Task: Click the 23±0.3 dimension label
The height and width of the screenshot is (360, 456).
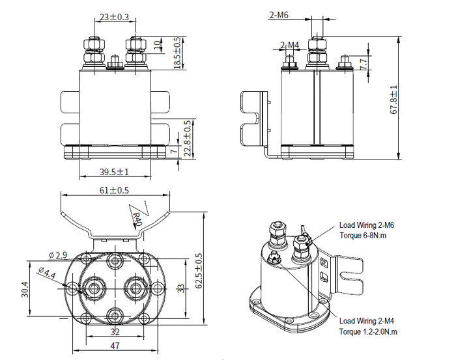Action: (115, 18)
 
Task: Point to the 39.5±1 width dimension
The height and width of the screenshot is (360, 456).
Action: (113, 173)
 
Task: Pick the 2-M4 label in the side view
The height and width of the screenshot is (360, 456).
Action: (290, 45)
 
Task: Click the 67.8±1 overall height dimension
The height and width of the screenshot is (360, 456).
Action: (394, 99)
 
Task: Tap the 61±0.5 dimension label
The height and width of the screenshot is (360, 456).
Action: (114, 190)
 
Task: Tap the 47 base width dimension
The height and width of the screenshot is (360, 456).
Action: (114, 346)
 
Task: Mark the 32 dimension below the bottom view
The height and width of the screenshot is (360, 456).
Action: (115, 331)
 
